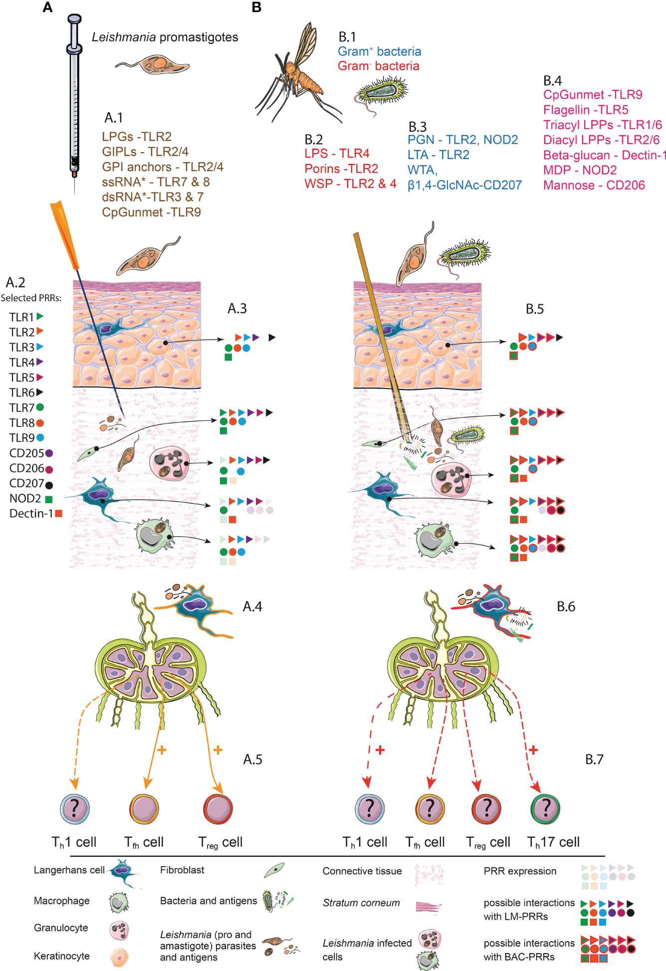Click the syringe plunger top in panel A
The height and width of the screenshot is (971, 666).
74,19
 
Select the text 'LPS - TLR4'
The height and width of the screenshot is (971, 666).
337,154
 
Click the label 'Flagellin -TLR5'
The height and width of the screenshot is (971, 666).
585,110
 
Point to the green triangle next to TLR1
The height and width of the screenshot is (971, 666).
40,316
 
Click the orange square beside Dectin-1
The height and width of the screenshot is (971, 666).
58,513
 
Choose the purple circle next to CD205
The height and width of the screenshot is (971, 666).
49,453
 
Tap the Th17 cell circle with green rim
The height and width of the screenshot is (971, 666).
546,808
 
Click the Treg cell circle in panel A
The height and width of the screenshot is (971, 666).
218,808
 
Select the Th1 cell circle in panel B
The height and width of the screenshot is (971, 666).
369,808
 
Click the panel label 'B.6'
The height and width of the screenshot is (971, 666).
566,606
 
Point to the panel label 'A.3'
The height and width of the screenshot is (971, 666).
237,309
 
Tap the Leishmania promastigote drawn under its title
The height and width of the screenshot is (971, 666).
152,64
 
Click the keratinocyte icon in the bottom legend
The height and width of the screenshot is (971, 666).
119,957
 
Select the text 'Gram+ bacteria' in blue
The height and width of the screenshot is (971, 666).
379,51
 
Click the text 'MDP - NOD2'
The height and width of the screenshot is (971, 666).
580,170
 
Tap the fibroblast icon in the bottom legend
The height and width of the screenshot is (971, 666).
274,871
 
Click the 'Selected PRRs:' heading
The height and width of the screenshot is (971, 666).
31,298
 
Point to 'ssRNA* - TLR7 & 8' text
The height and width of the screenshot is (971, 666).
156,182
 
